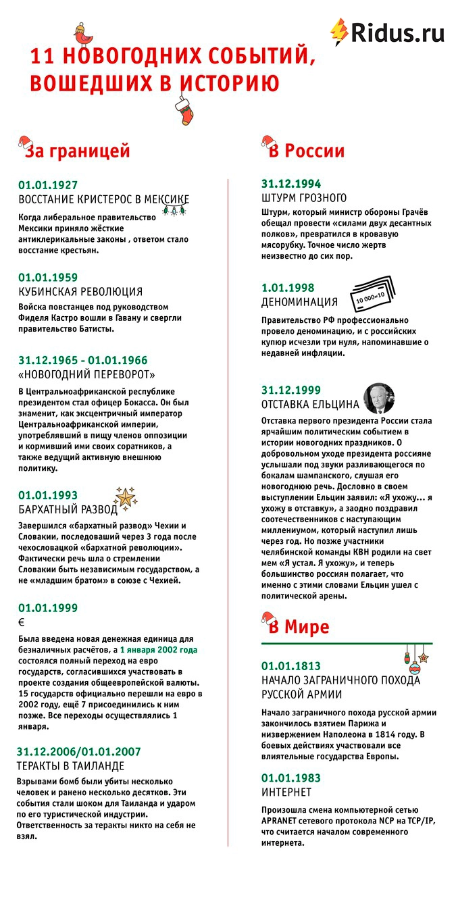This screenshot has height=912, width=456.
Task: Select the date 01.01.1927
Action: [48, 184]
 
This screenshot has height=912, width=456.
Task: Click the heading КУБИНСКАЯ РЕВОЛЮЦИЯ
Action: [80, 292]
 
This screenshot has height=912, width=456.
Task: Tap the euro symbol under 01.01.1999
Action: [22, 622]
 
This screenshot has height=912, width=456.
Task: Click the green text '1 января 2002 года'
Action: [159, 650]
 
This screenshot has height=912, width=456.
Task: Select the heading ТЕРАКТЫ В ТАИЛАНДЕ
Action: [71, 766]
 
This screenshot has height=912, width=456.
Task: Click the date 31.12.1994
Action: [291, 184]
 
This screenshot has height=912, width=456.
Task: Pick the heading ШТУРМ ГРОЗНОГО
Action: [304, 198]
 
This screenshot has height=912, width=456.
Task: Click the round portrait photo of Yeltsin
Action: [379, 398]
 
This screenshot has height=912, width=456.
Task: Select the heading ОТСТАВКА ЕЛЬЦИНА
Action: [310, 405]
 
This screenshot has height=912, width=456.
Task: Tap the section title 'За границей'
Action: [77, 151]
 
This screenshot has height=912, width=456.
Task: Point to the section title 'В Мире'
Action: [299, 626]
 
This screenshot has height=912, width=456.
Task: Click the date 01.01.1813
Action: [291, 665]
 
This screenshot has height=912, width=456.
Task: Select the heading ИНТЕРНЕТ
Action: [286, 792]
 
